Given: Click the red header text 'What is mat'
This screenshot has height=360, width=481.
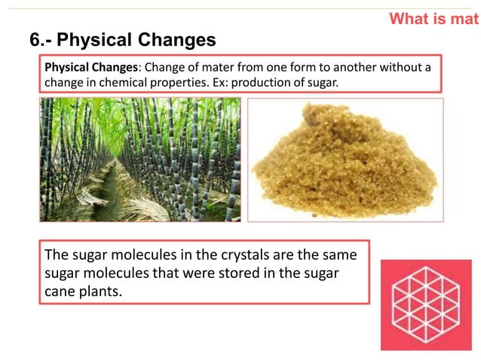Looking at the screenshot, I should [434, 19].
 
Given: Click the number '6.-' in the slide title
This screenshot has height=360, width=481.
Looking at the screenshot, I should [40, 39].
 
